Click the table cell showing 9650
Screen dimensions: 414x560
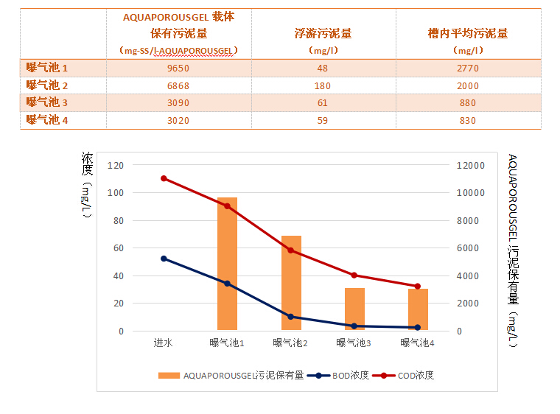tap(178, 69)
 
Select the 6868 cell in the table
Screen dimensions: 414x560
tap(178, 85)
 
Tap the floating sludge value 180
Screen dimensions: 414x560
tap(323, 85)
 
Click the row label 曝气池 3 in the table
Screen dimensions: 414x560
tap(47, 102)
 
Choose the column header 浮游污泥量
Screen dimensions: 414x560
tap(323, 33)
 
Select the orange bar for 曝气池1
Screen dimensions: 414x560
tap(227, 265)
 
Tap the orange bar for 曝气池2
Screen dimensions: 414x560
tap(291, 284)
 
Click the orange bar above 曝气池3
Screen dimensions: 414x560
tap(354, 309)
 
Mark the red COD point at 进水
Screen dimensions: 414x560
tap(164, 178)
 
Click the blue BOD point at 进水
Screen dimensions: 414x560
tap(164, 259)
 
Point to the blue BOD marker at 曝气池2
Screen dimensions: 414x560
tap(291, 317)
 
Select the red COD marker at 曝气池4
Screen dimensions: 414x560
tap(418, 286)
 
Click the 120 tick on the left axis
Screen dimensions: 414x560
tap(115, 165)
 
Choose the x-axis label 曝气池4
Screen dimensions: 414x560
tap(417, 343)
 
